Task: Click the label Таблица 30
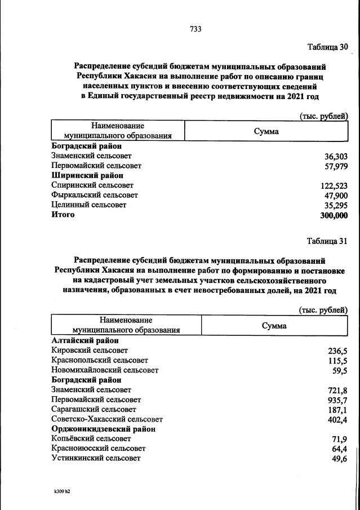pos(327,46)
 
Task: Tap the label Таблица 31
pos(327,241)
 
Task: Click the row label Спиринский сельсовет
pos(92,185)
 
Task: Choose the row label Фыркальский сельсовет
pos(95,195)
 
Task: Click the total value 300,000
pos(334,215)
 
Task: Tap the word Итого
pos(63,215)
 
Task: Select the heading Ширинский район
pos(87,175)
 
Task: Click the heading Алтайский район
pos(85,340)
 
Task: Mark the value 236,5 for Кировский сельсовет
pos(337,351)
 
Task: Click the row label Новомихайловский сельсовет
pos(105,370)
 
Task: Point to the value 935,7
pos(337,400)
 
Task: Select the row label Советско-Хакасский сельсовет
pos(106,419)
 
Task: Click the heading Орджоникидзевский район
pos(103,429)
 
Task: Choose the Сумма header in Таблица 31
pos(274,325)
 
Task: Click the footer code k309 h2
pos(62,491)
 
